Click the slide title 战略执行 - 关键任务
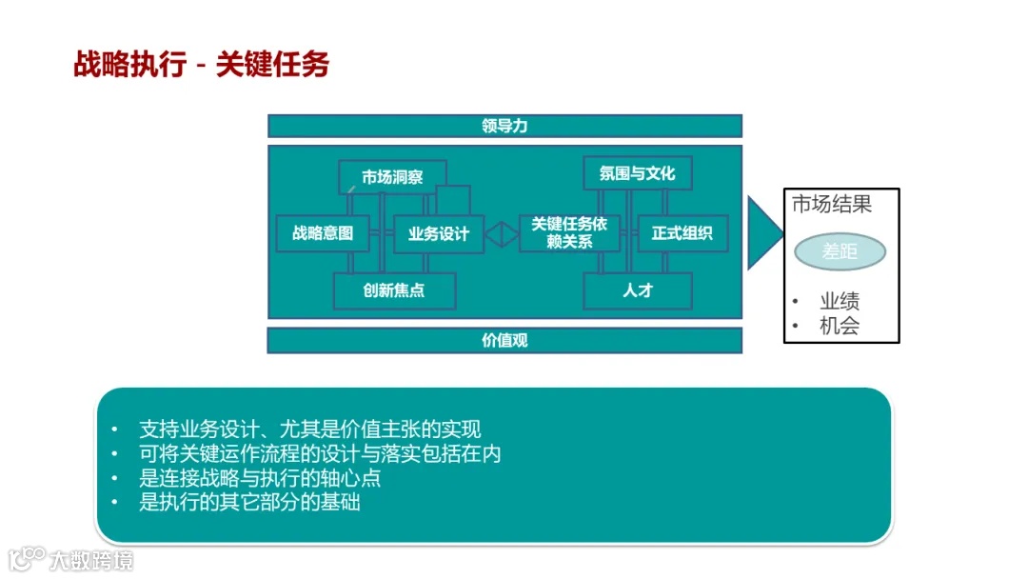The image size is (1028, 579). coord(202,64)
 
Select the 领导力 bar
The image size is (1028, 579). coord(504,126)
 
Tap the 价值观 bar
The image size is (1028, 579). coord(504,340)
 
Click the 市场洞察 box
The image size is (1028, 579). coord(392,177)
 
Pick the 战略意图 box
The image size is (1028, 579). coord(323,233)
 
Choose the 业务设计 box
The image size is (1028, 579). coord(439,234)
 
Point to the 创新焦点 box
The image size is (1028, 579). coord(394,290)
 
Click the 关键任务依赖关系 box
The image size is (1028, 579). coord(569,232)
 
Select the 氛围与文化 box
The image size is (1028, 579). coord(637,173)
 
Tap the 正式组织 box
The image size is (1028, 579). coord(682,233)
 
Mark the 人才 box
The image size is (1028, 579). coord(637,290)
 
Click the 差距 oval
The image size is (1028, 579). coord(840,252)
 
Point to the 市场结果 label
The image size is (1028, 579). coord(832,204)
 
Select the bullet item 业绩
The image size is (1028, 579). coord(840,302)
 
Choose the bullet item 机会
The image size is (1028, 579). coord(840,326)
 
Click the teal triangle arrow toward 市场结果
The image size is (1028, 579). coord(762,233)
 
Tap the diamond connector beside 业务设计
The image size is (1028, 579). coord(502,233)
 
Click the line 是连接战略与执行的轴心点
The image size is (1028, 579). coord(260,478)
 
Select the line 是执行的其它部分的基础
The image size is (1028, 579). coord(249,502)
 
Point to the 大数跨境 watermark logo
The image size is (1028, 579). coord(70,558)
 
